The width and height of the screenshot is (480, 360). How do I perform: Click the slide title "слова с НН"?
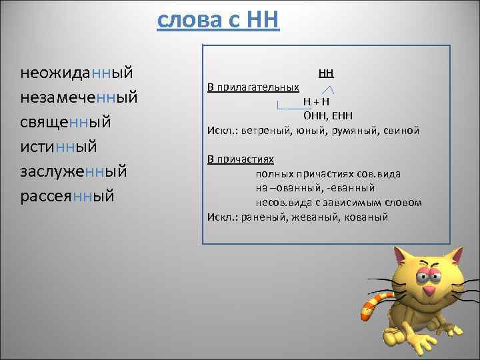pyautogui.click(x=219, y=20)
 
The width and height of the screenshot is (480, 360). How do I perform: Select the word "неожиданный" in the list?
pyautogui.click(x=77, y=71)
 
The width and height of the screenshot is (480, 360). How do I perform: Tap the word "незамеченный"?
pyautogui.click(x=79, y=97)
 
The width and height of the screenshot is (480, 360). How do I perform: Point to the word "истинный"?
pyautogui.click(x=59, y=147)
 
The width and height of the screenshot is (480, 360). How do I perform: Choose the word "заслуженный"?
pyautogui.click(x=73, y=171)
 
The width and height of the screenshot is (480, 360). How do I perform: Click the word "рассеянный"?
pyautogui.click(x=67, y=197)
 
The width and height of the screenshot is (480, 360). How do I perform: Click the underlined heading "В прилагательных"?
pyautogui.click(x=253, y=87)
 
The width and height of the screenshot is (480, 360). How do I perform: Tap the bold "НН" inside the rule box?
pyautogui.click(x=326, y=72)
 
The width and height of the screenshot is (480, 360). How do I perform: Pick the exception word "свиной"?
pyautogui.click(x=402, y=131)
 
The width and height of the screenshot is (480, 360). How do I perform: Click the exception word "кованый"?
pyautogui.click(x=365, y=217)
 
